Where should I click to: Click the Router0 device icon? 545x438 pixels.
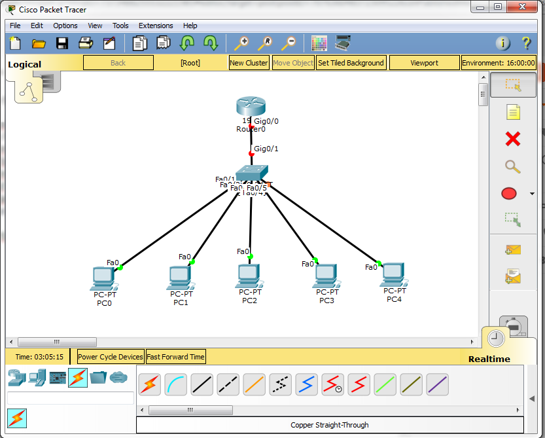251,107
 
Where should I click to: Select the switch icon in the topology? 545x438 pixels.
251,173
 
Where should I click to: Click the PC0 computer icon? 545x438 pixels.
104,278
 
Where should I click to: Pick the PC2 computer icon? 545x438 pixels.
249,276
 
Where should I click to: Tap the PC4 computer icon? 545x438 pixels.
394,275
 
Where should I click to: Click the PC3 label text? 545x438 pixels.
326,301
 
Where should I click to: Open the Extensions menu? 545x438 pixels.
156,26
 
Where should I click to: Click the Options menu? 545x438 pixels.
65,26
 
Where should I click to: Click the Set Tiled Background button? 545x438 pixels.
351,63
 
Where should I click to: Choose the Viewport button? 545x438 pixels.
424,63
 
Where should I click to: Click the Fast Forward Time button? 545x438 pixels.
175,357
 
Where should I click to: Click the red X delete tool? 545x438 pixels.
513,139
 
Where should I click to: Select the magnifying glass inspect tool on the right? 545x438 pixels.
513,166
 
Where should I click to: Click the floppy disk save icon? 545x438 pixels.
62,43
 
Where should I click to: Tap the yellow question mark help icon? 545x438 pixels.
526,43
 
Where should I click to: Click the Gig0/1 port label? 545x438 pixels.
266,149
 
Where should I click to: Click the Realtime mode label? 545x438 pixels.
489,359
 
